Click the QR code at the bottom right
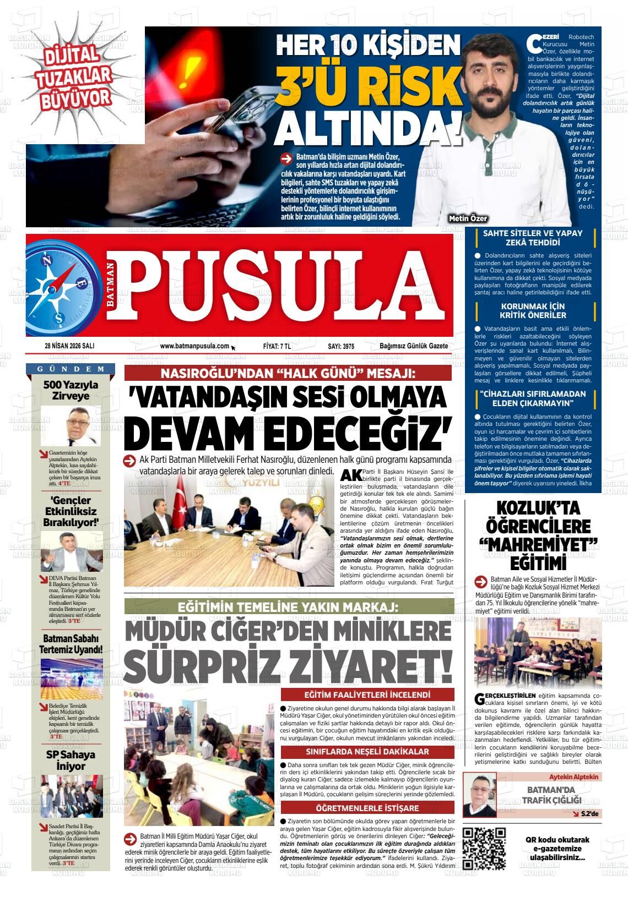tap(484, 848)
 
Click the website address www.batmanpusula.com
tap(194, 346)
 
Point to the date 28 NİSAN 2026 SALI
tap(69, 346)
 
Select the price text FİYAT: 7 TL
tap(277, 346)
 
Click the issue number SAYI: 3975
tap(341, 346)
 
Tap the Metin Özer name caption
tap(468, 218)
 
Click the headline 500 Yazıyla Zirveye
tap(71, 390)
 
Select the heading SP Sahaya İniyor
tap(71, 760)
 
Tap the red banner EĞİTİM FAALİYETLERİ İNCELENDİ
tap(367, 694)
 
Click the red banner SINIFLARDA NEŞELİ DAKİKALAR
tap(367, 751)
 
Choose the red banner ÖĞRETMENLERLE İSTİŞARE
tap(367, 808)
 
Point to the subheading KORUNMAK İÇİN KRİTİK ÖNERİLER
tap(533, 311)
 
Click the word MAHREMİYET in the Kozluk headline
tap(538, 544)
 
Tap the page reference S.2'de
tap(589, 813)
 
